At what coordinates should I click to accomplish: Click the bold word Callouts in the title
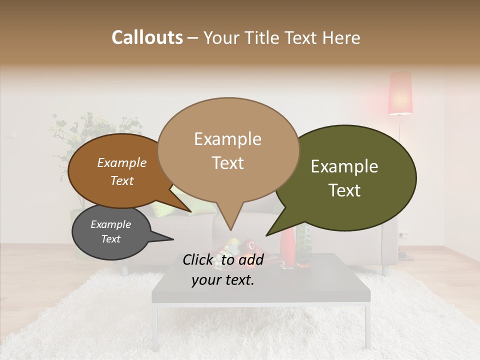point(147,37)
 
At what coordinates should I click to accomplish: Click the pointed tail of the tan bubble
point(230,220)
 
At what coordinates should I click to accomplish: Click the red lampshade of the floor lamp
point(400,93)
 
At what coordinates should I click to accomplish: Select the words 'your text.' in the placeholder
point(223,280)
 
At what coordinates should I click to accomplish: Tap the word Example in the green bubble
point(344,166)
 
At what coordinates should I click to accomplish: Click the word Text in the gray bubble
point(111,239)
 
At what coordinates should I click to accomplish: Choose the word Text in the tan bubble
point(228,163)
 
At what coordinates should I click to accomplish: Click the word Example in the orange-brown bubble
point(122,162)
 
